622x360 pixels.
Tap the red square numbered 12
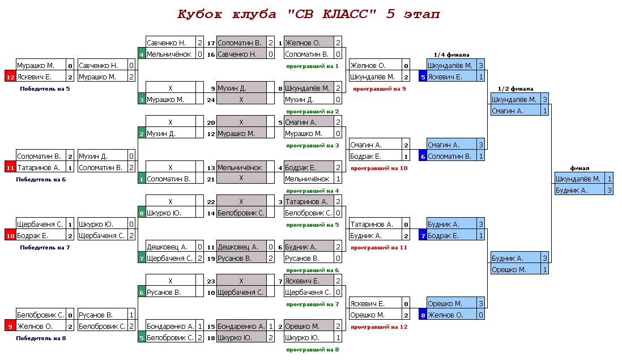click(10, 77)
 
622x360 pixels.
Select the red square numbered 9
click(10, 326)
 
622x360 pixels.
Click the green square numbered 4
click(142, 54)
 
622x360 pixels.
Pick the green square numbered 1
click(142, 179)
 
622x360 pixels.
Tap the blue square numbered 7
click(422, 235)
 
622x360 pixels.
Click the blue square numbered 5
click(422, 77)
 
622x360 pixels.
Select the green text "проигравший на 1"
click(312, 66)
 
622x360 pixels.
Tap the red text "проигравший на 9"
click(379, 88)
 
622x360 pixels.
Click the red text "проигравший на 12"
click(379, 327)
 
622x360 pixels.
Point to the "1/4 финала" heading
click(451, 54)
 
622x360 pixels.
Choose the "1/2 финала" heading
click(515, 88)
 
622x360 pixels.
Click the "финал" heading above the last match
click(580, 168)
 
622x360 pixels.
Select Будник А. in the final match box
click(572, 190)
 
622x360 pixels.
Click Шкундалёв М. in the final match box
click(578, 179)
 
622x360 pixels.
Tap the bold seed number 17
click(210, 43)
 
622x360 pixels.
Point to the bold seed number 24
click(210, 99)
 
